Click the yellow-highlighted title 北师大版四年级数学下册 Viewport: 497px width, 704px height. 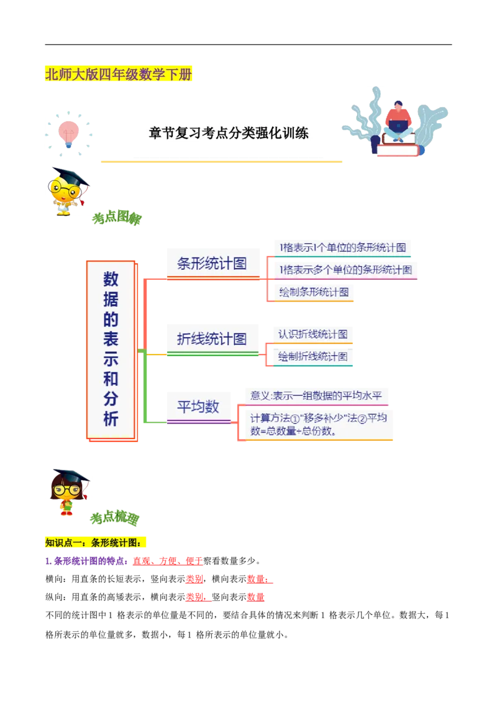(x=119, y=75)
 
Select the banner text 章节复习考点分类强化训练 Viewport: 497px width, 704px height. (x=228, y=133)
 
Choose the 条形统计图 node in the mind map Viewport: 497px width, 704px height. (x=212, y=263)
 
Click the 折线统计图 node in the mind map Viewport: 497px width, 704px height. (x=212, y=339)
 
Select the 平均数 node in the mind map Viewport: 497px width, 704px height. (x=198, y=407)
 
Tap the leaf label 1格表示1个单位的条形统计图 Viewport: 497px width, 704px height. (x=342, y=247)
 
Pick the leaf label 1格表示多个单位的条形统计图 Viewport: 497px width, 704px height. (x=345, y=270)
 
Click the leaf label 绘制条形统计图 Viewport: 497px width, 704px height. (x=314, y=292)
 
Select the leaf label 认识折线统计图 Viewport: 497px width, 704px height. (x=312, y=333)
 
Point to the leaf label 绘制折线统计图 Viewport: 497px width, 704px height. (x=312, y=357)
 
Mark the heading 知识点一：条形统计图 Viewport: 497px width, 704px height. (x=97, y=542)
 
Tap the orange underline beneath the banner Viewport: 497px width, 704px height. (x=221, y=162)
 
